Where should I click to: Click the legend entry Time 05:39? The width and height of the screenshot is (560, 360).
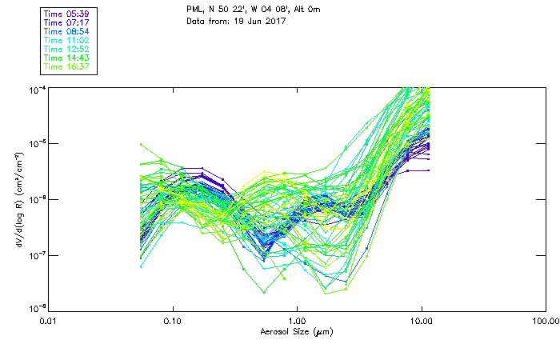(x=67, y=14)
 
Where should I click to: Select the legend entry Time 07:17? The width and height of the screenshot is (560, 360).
(x=67, y=23)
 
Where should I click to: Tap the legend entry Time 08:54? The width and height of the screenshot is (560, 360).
(x=67, y=32)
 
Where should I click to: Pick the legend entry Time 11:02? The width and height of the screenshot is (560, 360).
(x=67, y=41)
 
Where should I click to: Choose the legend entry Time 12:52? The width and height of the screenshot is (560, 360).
(x=67, y=50)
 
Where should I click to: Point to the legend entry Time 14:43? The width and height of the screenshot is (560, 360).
(x=67, y=58)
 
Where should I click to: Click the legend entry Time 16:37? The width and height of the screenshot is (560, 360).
(x=67, y=67)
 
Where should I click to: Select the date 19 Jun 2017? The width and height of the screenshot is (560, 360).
(x=259, y=21)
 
